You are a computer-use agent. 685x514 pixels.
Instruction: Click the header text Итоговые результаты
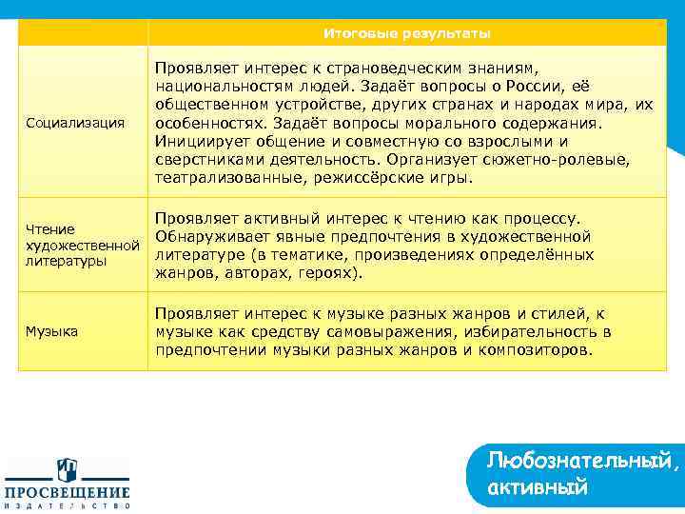[406, 33]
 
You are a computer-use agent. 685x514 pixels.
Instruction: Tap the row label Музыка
[53, 331]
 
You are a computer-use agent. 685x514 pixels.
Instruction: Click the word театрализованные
[228, 177]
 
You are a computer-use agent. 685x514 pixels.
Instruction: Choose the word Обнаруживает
[206, 236]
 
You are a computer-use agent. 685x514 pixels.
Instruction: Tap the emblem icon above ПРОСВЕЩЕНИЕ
[68, 469]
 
